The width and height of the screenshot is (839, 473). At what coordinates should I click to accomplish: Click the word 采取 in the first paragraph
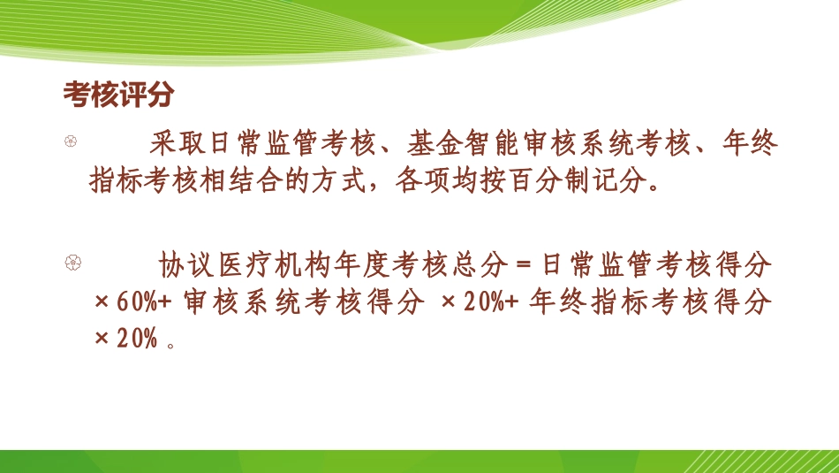[172, 142]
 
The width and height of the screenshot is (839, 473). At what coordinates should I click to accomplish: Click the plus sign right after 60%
[164, 301]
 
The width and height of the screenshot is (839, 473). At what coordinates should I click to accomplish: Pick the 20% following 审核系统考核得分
[481, 301]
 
